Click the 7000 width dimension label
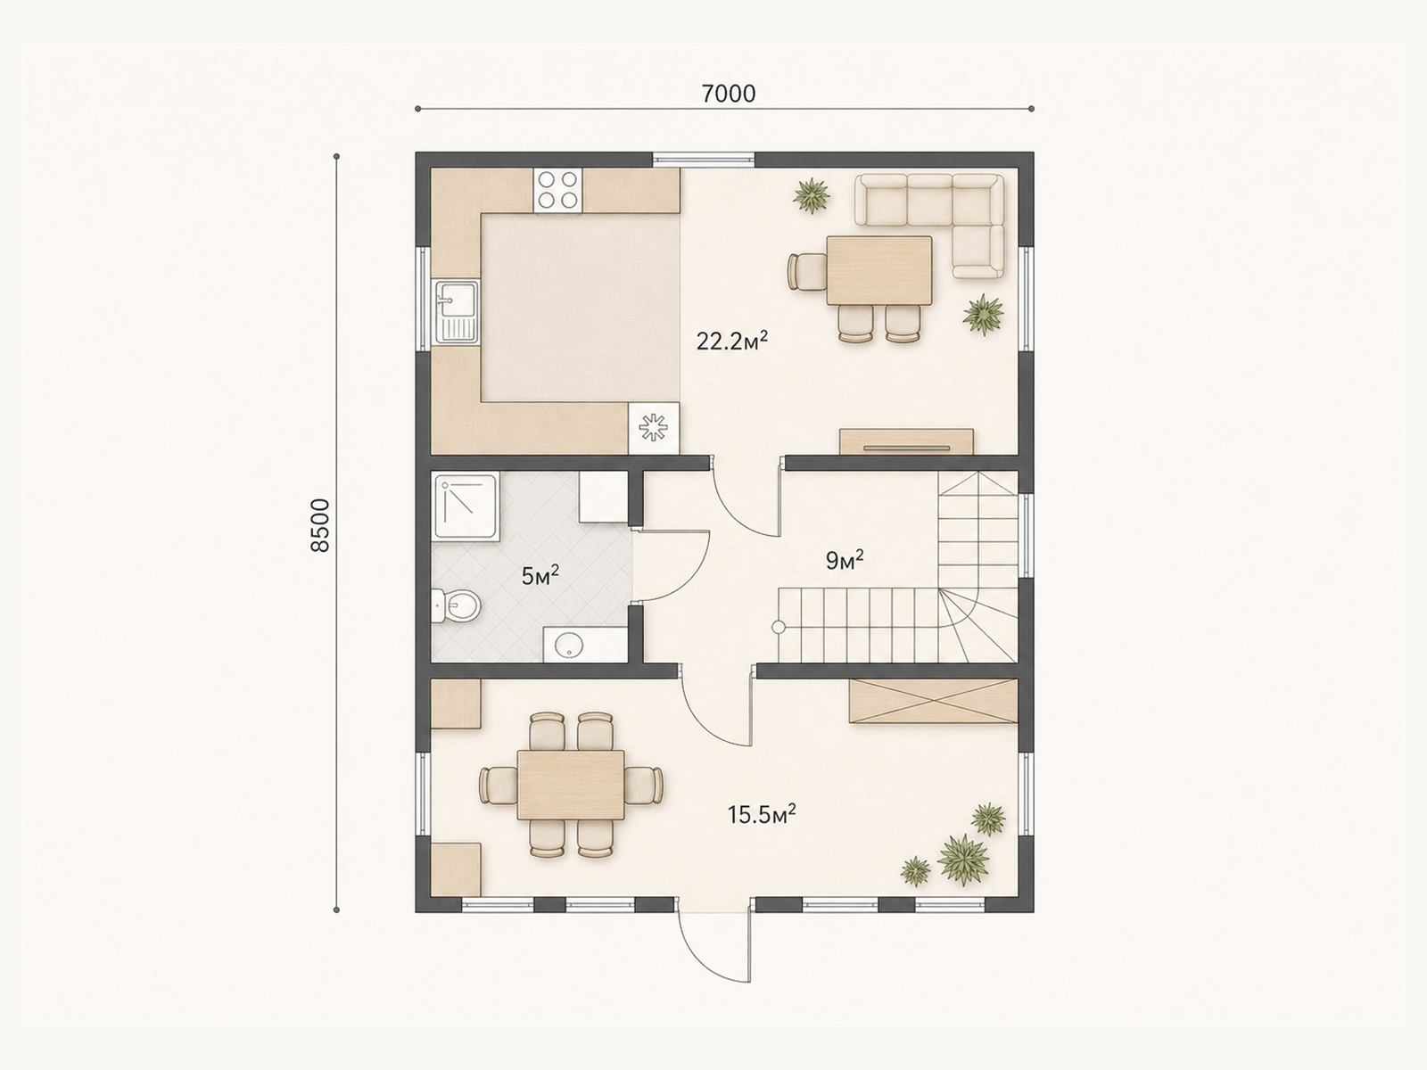728,95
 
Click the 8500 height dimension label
320,525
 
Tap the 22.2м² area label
732,340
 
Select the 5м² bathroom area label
540,575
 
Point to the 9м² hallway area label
845,560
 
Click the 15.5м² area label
762,814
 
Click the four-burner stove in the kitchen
557,190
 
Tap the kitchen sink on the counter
457,311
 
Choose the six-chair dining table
571,785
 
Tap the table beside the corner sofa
879,270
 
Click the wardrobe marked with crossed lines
934,701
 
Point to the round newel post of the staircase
779,627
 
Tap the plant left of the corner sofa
812,195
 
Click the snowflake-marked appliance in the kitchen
654,427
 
